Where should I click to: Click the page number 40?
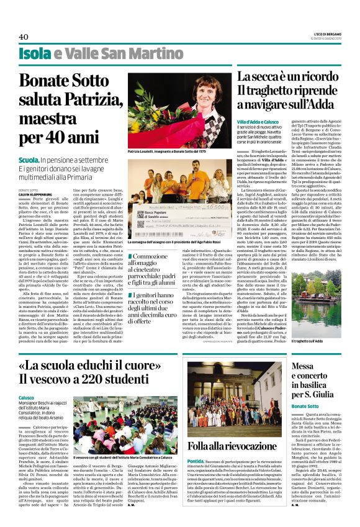[24, 37]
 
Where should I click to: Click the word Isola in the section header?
[35, 54]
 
